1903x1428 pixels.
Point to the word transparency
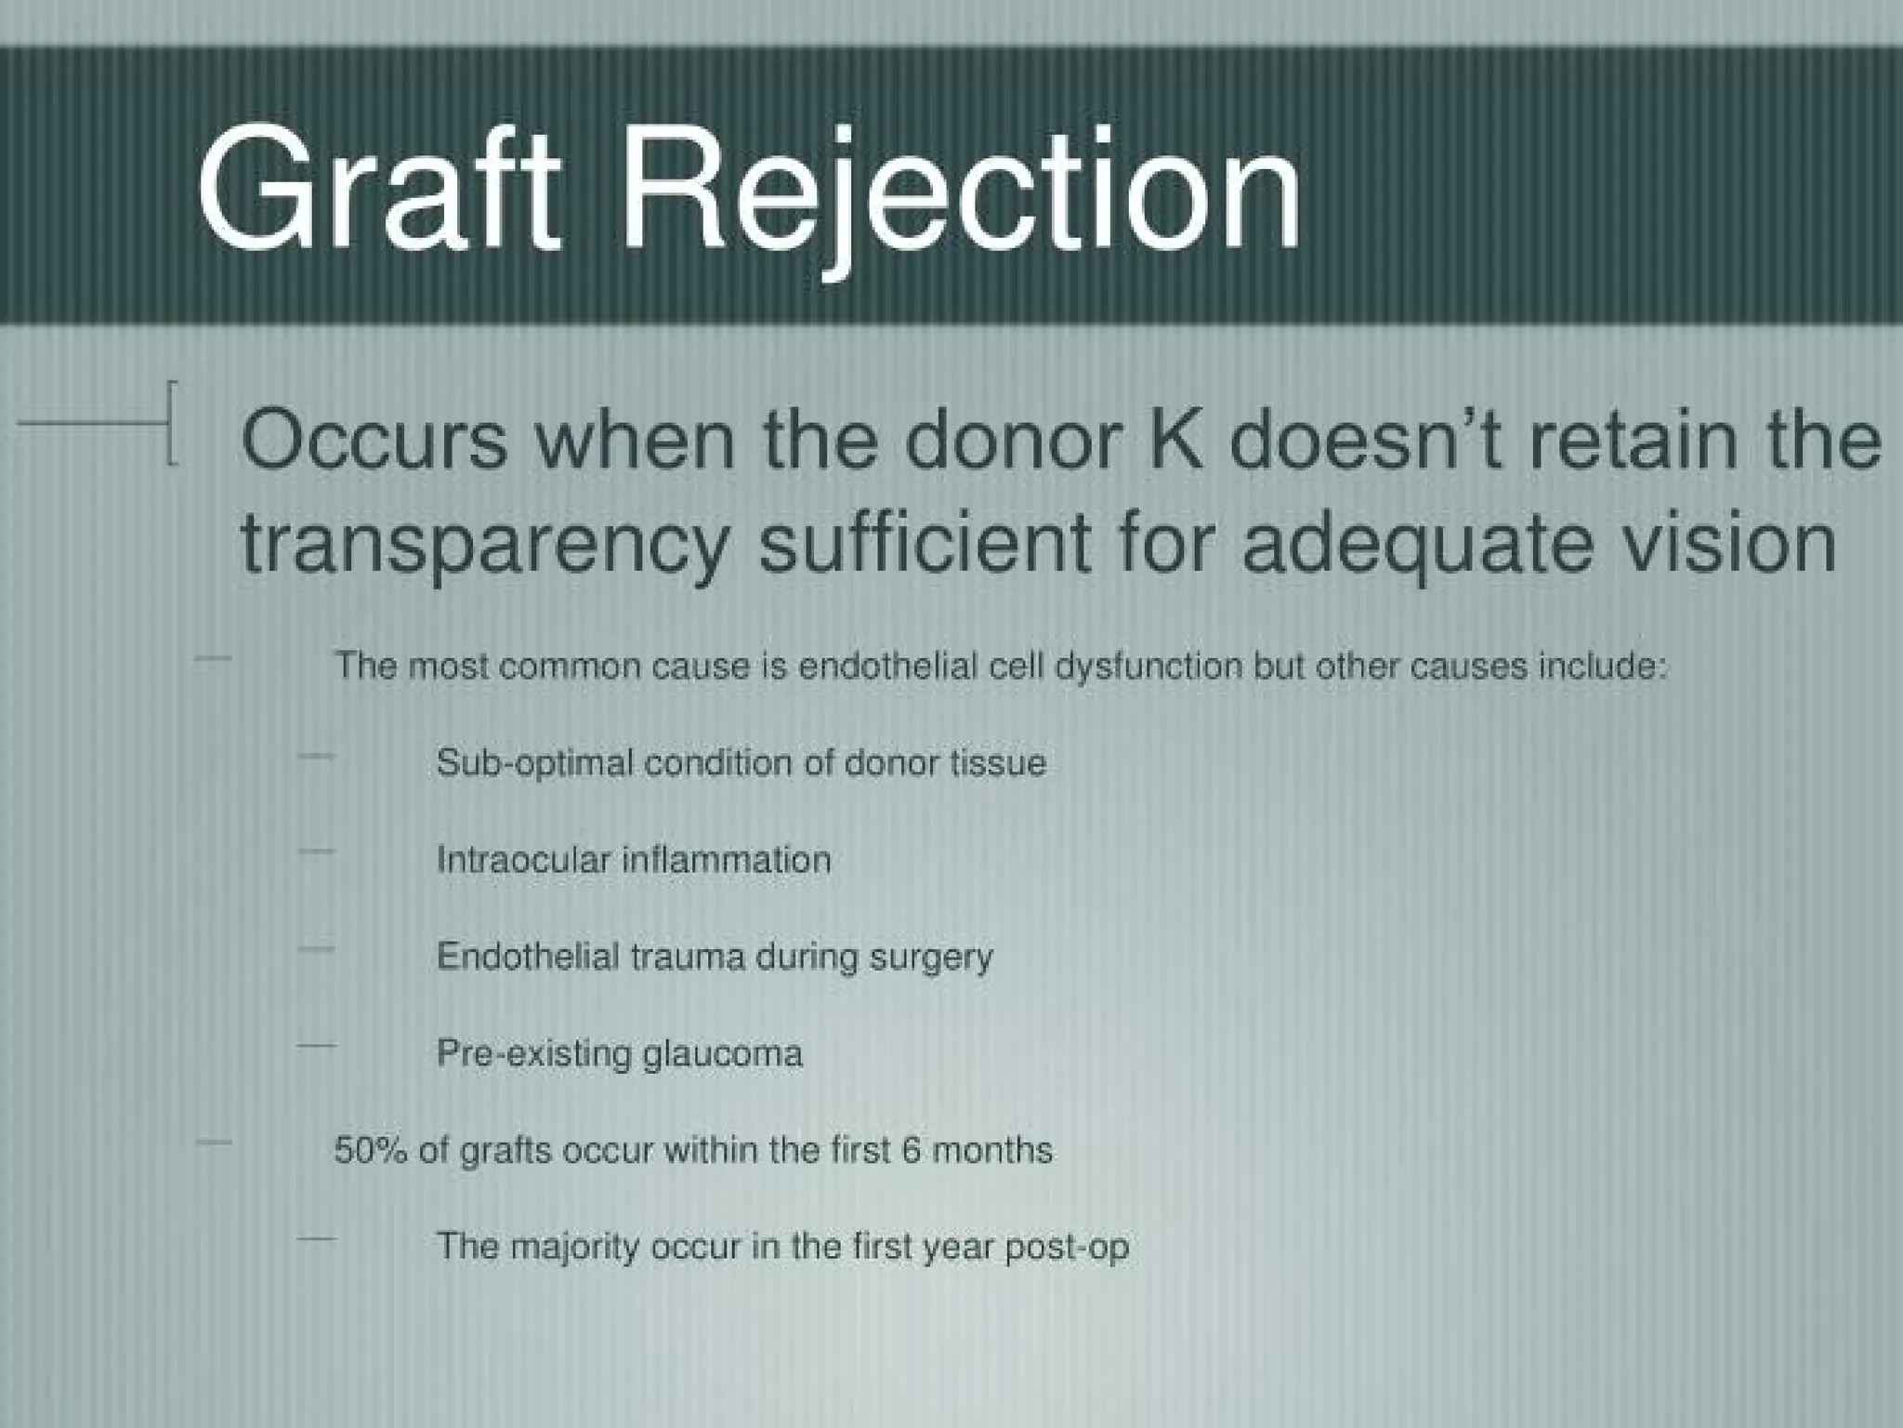483,546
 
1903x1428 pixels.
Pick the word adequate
1416,546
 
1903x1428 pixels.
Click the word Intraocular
523,860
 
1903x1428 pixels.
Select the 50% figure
371,1151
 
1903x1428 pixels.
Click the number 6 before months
911,1151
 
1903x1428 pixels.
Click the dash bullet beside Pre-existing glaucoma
316,1047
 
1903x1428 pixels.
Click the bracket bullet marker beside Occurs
171,423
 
